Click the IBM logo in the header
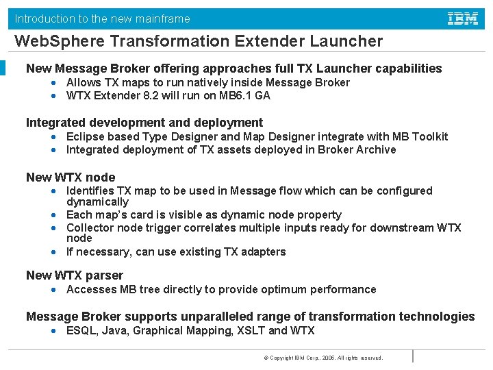[463, 18]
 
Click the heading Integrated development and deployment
[144, 123]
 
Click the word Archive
[376, 149]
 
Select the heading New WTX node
[71, 177]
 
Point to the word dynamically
[97, 202]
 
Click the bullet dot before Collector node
[53, 227]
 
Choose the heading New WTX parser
[75, 275]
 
